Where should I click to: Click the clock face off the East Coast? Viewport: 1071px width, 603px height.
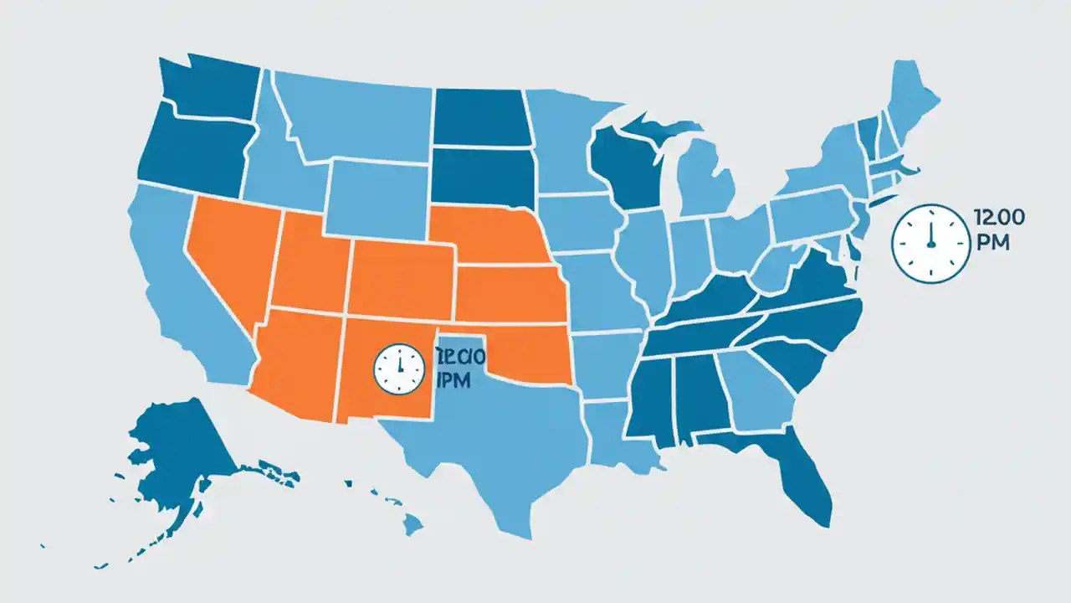click(929, 242)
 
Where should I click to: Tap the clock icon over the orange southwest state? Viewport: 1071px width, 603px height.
click(399, 368)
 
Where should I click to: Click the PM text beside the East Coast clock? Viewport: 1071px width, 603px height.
click(992, 244)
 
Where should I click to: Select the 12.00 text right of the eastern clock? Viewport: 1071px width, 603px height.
click(999, 218)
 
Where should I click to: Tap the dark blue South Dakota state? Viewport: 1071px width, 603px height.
click(481, 176)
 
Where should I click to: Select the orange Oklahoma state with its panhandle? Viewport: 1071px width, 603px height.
click(527, 352)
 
